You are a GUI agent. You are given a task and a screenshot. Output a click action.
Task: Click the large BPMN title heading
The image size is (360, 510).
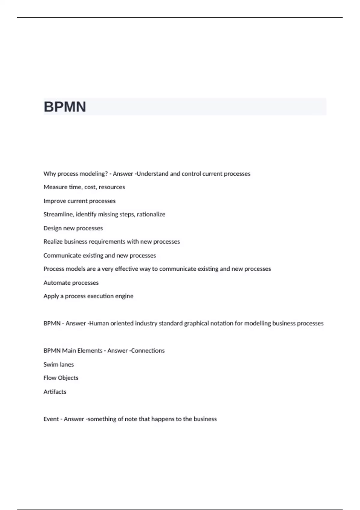click(x=65, y=107)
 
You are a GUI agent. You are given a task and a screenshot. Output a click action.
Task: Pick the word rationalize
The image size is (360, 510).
click(x=151, y=214)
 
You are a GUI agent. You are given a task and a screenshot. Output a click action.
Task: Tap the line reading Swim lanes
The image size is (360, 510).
click(x=58, y=364)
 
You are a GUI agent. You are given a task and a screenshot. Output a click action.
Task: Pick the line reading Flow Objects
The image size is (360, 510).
click(x=61, y=378)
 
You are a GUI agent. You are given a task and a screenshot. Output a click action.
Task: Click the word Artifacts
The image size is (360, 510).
click(x=55, y=392)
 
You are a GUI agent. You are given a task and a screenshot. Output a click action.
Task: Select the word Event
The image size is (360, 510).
click(x=51, y=419)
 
